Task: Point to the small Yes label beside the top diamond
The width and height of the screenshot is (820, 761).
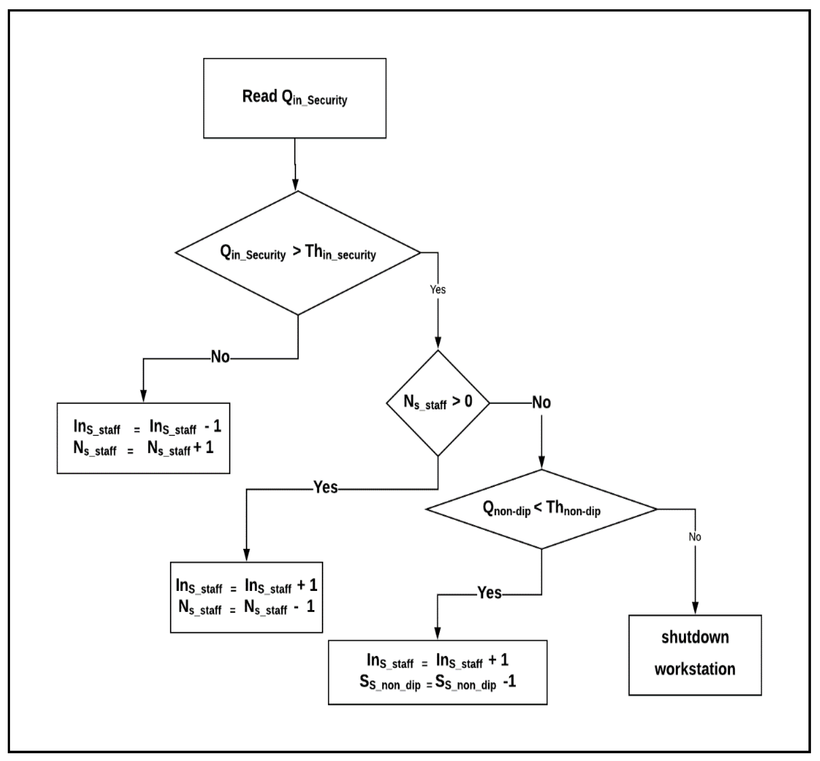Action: click(x=437, y=290)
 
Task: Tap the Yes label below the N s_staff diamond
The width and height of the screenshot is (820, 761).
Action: click(x=325, y=487)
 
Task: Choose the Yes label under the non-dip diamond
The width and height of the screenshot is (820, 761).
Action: click(x=489, y=593)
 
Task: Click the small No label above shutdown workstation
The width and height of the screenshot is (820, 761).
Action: click(x=695, y=537)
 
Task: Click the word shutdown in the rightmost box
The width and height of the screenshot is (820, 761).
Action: click(x=695, y=637)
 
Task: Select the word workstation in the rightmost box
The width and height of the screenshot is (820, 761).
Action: click(x=695, y=669)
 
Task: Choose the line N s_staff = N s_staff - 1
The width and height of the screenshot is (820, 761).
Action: click(x=246, y=607)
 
